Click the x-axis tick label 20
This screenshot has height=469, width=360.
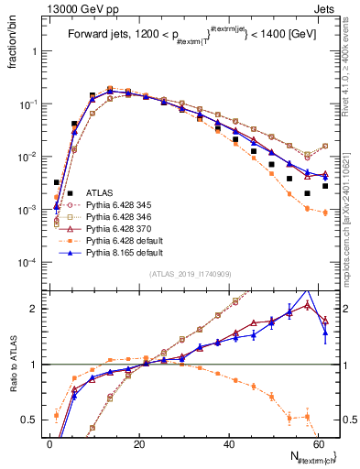(x=137, y=442)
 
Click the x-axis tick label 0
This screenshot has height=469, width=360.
(x=49, y=442)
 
